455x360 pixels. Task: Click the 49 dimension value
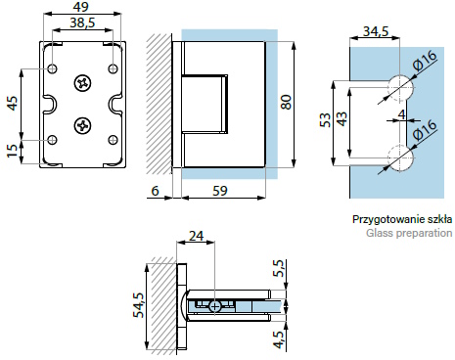pyautogui.click(x=80, y=7)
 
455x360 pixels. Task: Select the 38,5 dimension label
pyautogui.click(x=82, y=22)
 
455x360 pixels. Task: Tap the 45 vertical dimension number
pyautogui.click(x=13, y=103)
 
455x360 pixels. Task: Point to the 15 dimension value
pyautogui.click(x=12, y=151)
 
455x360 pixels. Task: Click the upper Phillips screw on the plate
pyautogui.click(x=82, y=83)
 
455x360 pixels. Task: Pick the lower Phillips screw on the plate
pyautogui.click(x=82, y=125)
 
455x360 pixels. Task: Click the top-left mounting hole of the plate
pyautogui.click(x=53, y=68)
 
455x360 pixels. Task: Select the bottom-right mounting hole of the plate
pyautogui.click(x=113, y=140)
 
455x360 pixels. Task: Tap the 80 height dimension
pyautogui.click(x=286, y=102)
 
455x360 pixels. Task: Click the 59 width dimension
pyautogui.click(x=220, y=191)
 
